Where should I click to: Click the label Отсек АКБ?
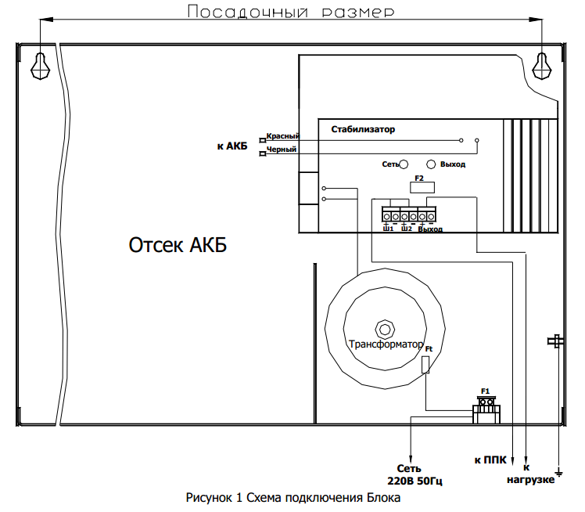click(x=178, y=245)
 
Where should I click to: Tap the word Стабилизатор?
click(x=363, y=128)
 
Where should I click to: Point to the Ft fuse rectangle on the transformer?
click(x=425, y=365)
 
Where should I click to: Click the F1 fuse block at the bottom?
click(x=486, y=407)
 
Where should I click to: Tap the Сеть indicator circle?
click(x=406, y=164)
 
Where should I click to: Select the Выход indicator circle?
click(x=430, y=164)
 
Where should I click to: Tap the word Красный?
click(x=282, y=136)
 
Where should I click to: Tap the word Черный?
click(x=281, y=149)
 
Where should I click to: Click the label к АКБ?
click(x=232, y=146)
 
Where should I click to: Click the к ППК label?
click(x=490, y=460)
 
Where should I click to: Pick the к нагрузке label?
click(x=531, y=474)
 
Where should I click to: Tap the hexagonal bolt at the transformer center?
click(x=383, y=326)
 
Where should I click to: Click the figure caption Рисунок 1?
click(x=292, y=498)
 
